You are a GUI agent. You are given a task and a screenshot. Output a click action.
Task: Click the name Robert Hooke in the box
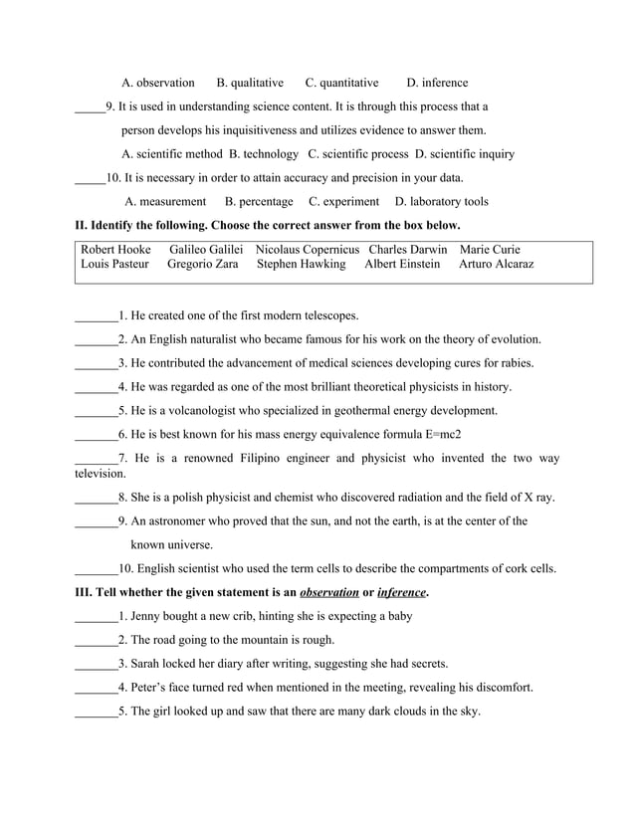click(x=115, y=249)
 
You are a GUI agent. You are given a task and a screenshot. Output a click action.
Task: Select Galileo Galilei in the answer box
click(x=206, y=249)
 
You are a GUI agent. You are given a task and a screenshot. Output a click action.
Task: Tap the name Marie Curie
click(x=490, y=249)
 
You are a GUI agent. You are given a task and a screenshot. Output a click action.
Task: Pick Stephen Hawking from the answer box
click(x=301, y=264)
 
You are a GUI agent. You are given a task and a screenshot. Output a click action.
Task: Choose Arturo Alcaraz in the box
click(x=496, y=264)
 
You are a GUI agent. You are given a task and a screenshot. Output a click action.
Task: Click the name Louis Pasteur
click(x=114, y=264)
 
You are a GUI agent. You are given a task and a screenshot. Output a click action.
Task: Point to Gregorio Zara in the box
click(x=195, y=264)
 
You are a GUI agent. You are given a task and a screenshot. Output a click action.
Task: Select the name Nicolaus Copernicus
click(x=308, y=249)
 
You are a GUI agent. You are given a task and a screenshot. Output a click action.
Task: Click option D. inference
click(x=437, y=83)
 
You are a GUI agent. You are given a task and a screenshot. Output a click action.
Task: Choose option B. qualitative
click(x=250, y=83)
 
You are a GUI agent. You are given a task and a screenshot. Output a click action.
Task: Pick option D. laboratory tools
click(x=442, y=201)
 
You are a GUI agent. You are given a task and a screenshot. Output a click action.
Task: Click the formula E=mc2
click(x=436, y=435)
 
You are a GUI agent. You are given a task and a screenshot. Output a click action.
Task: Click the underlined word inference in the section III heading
click(x=401, y=593)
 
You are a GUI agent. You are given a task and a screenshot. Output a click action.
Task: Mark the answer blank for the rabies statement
click(x=96, y=363)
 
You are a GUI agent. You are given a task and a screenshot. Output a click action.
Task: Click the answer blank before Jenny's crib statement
click(x=96, y=617)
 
